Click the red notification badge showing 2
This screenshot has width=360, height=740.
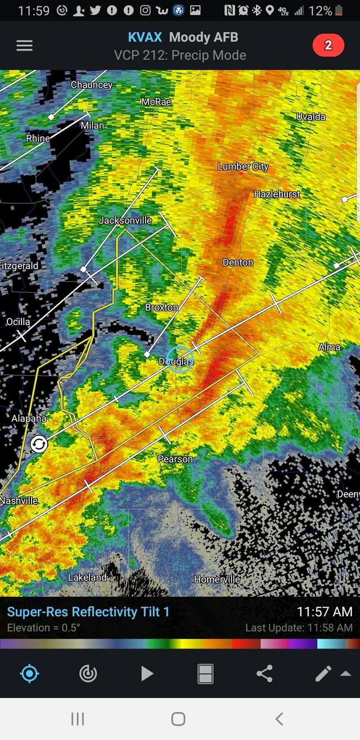[328, 46]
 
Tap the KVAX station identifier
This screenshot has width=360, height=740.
[145, 38]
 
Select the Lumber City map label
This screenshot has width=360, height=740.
[243, 166]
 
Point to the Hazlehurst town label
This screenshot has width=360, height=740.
[277, 194]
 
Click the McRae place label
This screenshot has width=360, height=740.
[156, 101]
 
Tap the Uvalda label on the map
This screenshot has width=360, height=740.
[310, 116]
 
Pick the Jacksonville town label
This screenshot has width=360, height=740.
[125, 220]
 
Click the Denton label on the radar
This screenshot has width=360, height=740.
[238, 263]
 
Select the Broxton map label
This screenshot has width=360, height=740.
[161, 308]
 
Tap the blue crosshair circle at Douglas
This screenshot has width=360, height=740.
[180, 359]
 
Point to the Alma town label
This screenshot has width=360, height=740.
[329, 347]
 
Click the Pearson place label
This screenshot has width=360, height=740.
[175, 459]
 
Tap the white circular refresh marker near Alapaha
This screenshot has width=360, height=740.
[39, 444]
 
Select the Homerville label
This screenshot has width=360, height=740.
[217, 580]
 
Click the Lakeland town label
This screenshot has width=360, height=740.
[87, 577]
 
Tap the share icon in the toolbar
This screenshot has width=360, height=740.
[264, 673]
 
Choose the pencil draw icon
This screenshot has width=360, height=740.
[323, 673]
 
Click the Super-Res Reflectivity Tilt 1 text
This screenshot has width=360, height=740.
[88, 612]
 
